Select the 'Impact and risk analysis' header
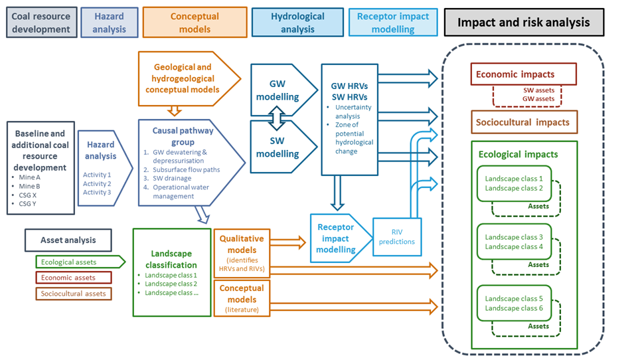(524, 23)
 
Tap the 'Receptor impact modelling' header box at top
(393, 23)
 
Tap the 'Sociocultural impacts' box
(524, 122)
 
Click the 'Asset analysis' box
(68, 240)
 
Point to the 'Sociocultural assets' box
(73, 293)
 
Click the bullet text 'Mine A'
(30, 177)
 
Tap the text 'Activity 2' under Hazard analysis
(97, 183)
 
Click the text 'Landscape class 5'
(514, 298)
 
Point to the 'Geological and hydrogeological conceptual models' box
(183, 78)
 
